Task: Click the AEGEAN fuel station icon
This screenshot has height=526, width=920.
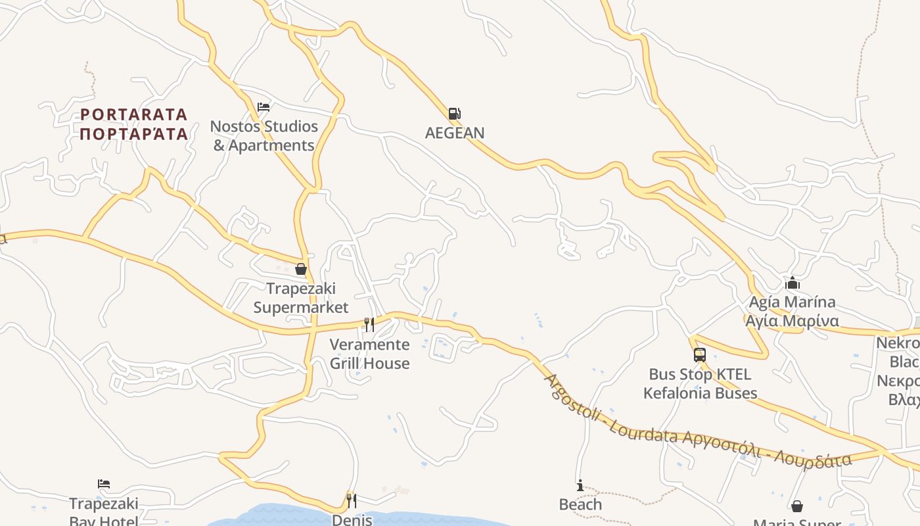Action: pyautogui.click(x=454, y=114)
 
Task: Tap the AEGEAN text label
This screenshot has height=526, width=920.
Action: pyautogui.click(x=455, y=133)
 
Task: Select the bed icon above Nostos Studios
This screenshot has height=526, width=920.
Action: pyautogui.click(x=264, y=107)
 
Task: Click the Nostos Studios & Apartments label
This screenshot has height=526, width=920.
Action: pyautogui.click(x=264, y=136)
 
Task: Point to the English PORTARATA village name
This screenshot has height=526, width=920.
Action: pyautogui.click(x=134, y=115)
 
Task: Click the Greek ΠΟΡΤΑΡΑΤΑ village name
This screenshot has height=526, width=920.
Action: pyautogui.click(x=134, y=134)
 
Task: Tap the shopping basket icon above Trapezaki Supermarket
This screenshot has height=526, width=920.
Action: pyautogui.click(x=301, y=269)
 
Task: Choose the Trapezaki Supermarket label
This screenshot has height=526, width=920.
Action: pyautogui.click(x=301, y=298)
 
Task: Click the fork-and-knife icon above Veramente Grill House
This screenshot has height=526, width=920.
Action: pyautogui.click(x=369, y=325)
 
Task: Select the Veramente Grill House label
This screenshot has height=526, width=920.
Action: pyautogui.click(x=369, y=354)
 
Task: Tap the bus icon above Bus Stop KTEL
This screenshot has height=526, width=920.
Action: pyautogui.click(x=700, y=355)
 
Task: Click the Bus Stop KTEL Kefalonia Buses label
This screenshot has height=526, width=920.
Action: pyautogui.click(x=700, y=384)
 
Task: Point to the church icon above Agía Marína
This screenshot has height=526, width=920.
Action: pyautogui.click(x=793, y=283)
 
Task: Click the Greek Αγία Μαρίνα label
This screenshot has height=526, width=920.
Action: pyautogui.click(x=792, y=322)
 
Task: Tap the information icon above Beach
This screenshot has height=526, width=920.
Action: pyautogui.click(x=580, y=486)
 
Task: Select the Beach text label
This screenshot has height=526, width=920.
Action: pyautogui.click(x=580, y=504)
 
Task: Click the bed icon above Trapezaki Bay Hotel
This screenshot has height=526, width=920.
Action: pyautogui.click(x=104, y=485)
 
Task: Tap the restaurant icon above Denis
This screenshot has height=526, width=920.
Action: pyautogui.click(x=352, y=501)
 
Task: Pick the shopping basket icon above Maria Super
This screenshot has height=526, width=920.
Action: pyautogui.click(x=797, y=506)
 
